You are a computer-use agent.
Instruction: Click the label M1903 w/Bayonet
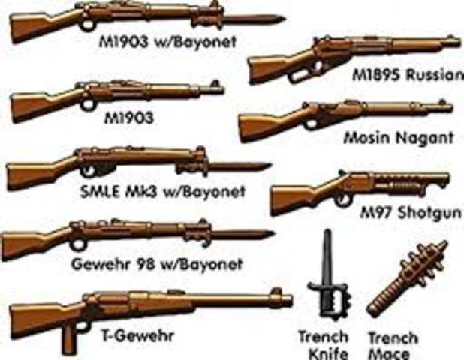coord(167,42)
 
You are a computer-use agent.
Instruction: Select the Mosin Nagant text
coord(398,137)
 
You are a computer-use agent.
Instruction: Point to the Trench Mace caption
coord(388,344)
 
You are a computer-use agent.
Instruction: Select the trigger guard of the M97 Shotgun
coord(343,199)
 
